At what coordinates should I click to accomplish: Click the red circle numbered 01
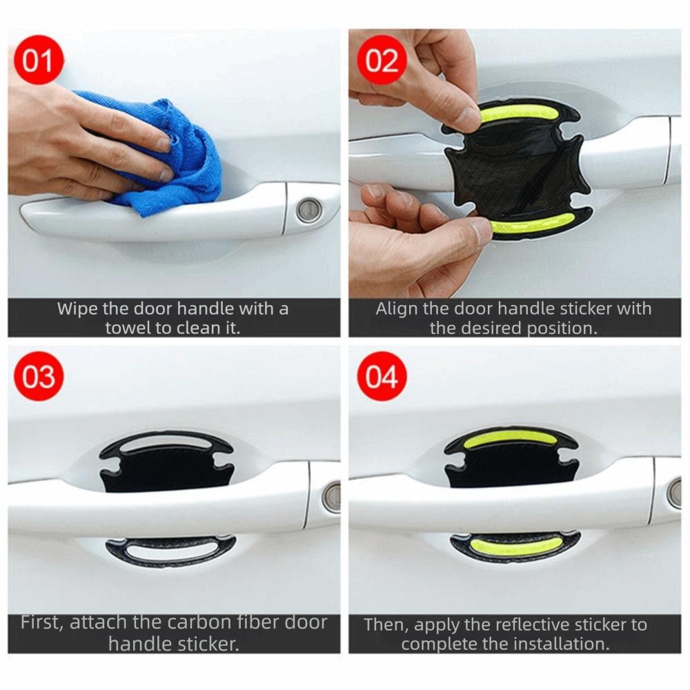tap(39, 60)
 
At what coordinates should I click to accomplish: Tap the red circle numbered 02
tap(382, 60)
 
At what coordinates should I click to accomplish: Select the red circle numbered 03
tap(39, 377)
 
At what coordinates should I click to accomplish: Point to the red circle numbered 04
tap(382, 377)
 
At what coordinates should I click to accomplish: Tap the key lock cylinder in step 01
tap(308, 210)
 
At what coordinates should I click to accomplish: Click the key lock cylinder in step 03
tap(333, 497)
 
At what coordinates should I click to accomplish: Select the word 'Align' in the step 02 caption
tap(395, 308)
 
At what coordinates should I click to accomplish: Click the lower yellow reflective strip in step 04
tap(516, 546)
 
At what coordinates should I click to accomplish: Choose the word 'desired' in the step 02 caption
tap(491, 328)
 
